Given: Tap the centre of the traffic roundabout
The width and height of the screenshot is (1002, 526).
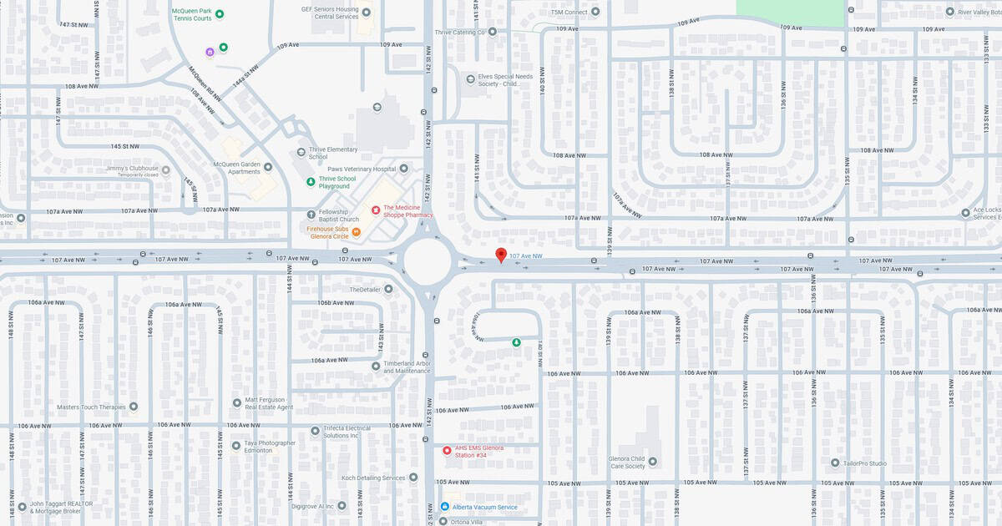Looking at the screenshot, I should pyautogui.click(x=428, y=261).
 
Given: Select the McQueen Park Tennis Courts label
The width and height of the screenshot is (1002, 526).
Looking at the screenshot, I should pyautogui.click(x=191, y=14).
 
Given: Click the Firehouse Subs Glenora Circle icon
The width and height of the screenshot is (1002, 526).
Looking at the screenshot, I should pyautogui.click(x=357, y=232).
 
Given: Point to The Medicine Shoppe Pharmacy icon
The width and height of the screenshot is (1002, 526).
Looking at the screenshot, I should pyautogui.click(x=376, y=210).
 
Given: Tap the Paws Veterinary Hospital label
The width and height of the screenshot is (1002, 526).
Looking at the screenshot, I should pyautogui.click(x=361, y=169).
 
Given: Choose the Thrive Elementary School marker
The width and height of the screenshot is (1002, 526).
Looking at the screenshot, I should pyautogui.click(x=301, y=152).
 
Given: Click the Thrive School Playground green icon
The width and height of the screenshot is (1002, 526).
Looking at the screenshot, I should pyautogui.click(x=311, y=181).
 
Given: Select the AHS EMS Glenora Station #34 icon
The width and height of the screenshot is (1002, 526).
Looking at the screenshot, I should pyautogui.click(x=447, y=451).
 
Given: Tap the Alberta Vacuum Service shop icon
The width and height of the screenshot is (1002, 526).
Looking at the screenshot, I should pyautogui.click(x=444, y=507).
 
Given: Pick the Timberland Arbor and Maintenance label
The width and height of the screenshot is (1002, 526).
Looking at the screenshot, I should pyautogui.click(x=407, y=367).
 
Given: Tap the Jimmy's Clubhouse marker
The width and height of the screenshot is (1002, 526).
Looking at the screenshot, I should pyautogui.click(x=165, y=170).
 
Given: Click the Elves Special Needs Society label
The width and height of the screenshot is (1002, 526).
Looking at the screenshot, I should pyautogui.click(x=504, y=80).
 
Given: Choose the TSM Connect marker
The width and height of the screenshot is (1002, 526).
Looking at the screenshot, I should pyautogui.click(x=595, y=12).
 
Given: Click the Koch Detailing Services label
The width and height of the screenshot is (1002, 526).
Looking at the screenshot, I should pyautogui.click(x=373, y=478).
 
